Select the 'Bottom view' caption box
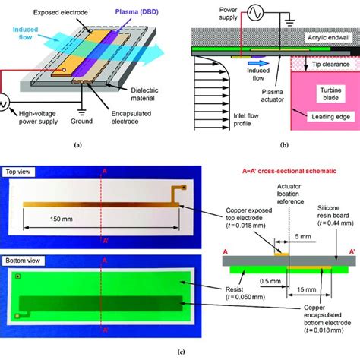point(25,261)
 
